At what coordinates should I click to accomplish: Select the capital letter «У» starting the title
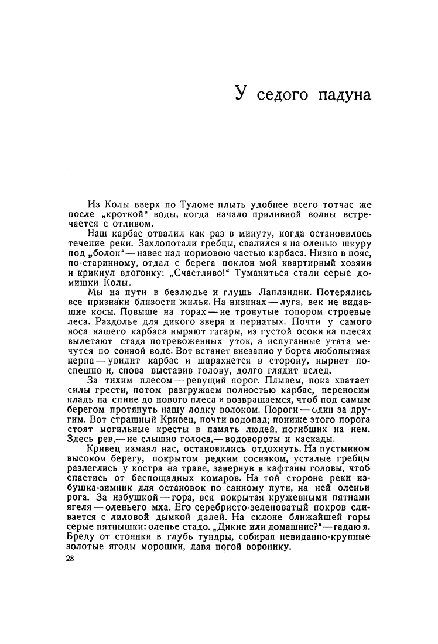240,93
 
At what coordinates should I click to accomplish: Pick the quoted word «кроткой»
110,214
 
